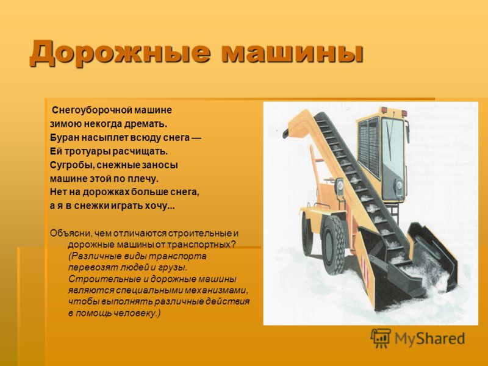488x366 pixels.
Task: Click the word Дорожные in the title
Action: point(120,53)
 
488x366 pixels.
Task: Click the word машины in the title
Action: point(293,54)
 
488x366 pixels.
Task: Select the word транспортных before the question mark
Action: point(199,245)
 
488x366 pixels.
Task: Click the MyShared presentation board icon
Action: point(381,338)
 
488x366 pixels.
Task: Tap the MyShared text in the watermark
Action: point(430,339)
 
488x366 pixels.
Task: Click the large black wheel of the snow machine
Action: point(333,246)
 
